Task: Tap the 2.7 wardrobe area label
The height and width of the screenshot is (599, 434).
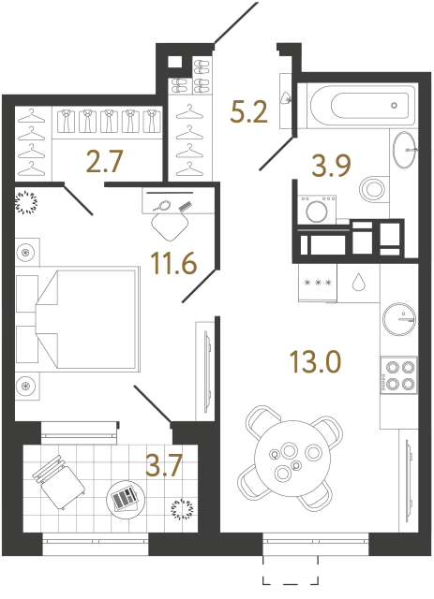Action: click(104, 164)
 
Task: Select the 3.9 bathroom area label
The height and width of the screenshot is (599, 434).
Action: click(332, 168)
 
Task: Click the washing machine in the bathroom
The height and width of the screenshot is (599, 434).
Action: click(317, 211)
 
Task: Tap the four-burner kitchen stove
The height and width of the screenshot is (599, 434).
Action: click(399, 374)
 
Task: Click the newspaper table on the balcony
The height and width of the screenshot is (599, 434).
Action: click(122, 498)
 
